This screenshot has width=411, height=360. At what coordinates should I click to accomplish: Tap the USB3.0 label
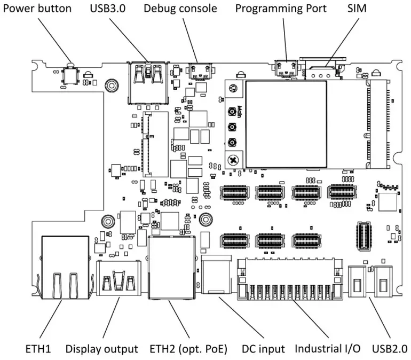point(113,9)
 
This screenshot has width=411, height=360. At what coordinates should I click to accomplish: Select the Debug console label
point(180,9)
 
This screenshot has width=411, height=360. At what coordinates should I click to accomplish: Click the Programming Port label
point(281,9)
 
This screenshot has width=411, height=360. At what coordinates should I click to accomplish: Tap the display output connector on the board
point(118,278)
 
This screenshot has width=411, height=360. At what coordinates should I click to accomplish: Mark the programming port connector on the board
point(287,67)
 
